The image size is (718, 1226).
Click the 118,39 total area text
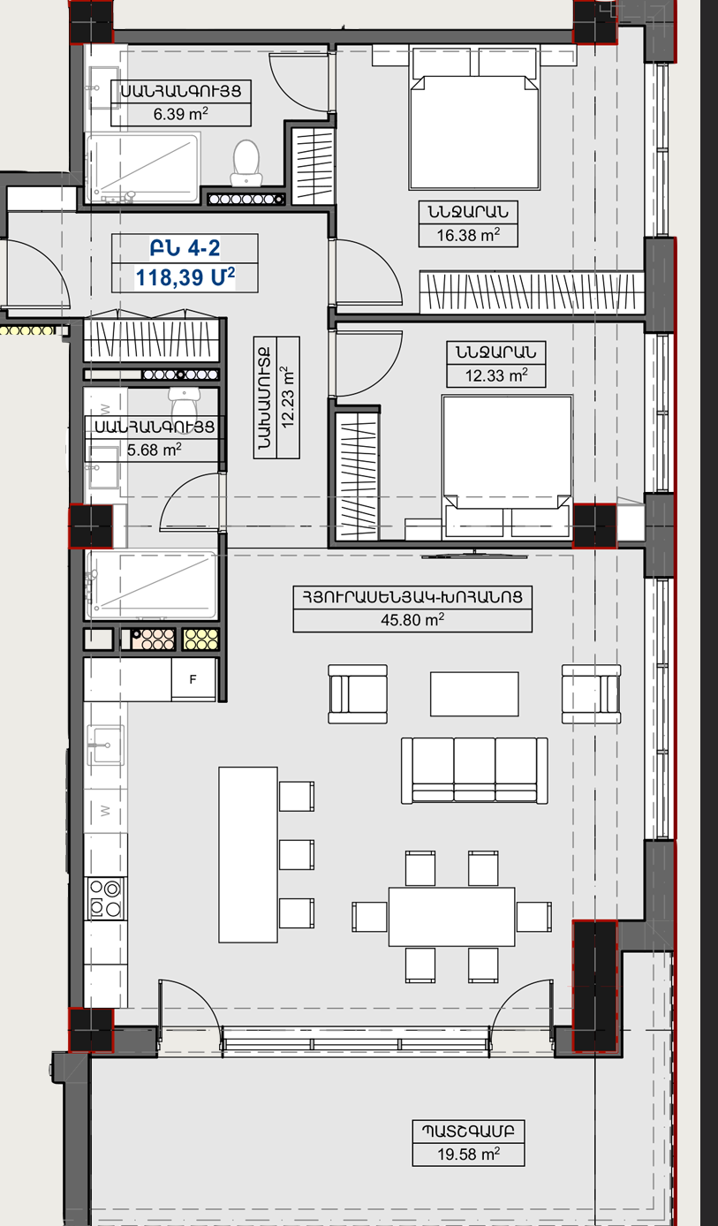185,277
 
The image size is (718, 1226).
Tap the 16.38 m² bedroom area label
468,235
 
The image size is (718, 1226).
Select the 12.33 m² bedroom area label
496,375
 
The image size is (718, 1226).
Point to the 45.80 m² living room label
412,619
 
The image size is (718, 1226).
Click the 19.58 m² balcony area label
468,1154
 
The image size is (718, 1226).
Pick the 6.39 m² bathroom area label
180,114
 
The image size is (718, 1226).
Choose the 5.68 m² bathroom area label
155,450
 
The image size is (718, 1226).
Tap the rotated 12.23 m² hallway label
288,397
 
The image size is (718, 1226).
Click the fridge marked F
193,679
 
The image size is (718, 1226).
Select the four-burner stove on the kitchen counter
105,898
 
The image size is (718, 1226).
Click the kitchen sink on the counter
106,745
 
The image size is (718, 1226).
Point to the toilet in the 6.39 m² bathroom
246,163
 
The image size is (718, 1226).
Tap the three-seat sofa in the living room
474,770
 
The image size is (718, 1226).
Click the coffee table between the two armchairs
474,694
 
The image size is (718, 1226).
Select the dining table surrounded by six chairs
451,917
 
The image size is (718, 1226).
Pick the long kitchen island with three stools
248,855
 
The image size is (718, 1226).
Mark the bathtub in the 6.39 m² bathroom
143,167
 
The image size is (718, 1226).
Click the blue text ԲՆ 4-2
185,248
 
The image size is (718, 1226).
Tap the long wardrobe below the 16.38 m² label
532,292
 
